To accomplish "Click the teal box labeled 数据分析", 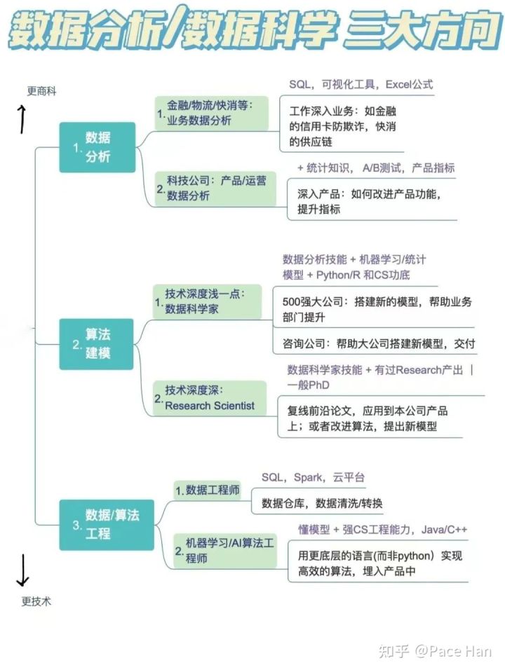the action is coord(97,147).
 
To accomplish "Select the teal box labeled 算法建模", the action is coord(97,344).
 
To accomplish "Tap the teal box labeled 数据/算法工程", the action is coord(107,525).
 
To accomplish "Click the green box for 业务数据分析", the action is coord(212,113).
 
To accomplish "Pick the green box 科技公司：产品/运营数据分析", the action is coord(215,188).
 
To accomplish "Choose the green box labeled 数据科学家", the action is coord(207,302).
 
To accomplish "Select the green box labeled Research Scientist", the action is coord(210,398).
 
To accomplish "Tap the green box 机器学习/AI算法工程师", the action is coord(225,551).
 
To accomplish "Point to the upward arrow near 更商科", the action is coord(22,120).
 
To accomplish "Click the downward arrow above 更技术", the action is coord(22,570).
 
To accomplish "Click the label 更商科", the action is coord(41,91).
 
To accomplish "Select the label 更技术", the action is coord(36,601).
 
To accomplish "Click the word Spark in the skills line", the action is coord(308,477).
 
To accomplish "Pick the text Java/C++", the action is coord(444,530).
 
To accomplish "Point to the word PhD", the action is coord(319,385).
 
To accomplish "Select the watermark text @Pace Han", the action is coord(453,652).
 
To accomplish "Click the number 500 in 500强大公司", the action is coord(291,302).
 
